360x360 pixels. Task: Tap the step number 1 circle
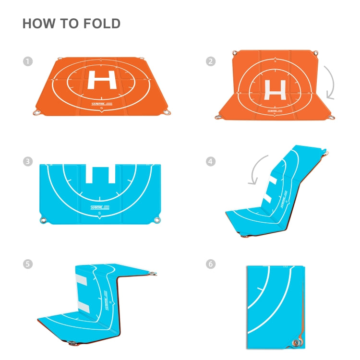tap(27, 61)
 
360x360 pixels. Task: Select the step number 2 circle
tap(210, 61)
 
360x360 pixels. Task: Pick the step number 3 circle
tap(27, 162)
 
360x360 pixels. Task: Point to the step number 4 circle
tap(210, 162)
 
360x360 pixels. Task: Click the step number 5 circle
tap(27, 264)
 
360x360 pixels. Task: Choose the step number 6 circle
tap(210, 264)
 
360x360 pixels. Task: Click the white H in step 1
tap(102, 79)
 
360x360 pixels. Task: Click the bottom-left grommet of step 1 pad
tap(36, 113)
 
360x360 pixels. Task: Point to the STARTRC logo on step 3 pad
tap(99, 207)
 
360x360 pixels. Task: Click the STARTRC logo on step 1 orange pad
tap(102, 103)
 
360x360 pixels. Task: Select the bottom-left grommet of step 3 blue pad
tap(44, 220)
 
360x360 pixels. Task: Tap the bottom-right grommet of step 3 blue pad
tap(156, 220)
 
